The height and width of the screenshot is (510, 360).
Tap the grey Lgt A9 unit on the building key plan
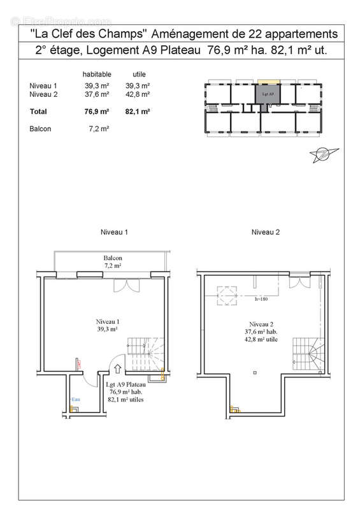point(268,96)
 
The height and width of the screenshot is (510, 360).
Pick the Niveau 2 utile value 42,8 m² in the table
point(137,94)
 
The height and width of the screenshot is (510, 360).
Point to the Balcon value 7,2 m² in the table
point(97,128)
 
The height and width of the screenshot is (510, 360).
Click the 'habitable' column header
point(97,73)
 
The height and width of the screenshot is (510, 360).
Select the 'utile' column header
point(138,73)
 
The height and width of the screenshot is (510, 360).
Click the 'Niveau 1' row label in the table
point(43,85)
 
